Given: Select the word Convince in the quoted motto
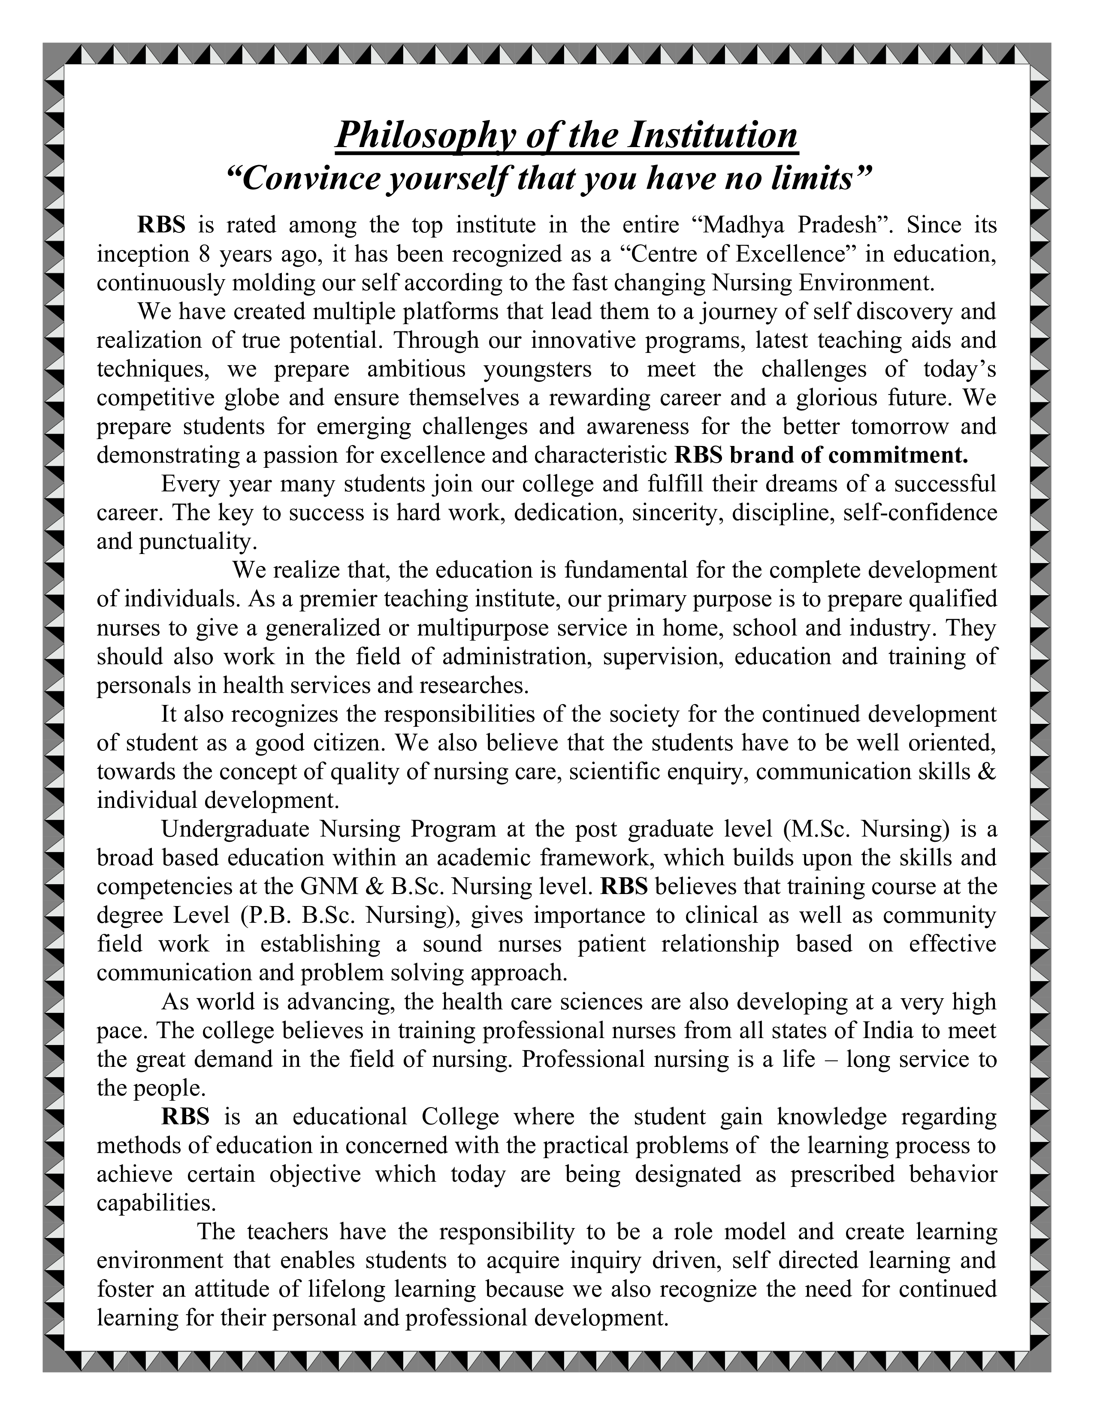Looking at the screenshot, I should pyautogui.click(x=306, y=178).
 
